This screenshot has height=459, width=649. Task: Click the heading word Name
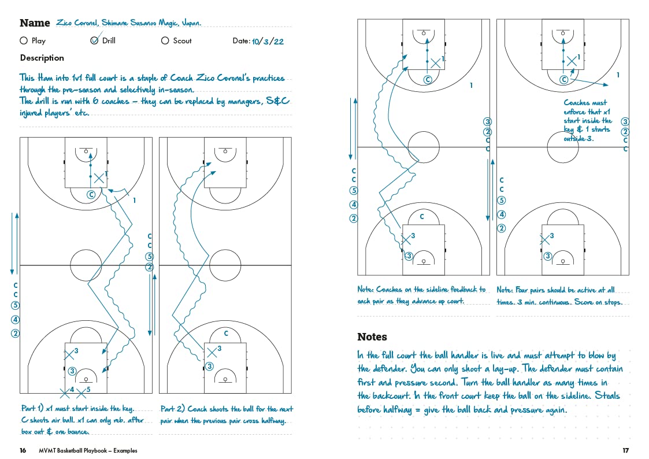pyautogui.click(x=35, y=23)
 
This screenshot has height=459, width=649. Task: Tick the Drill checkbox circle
pyautogui.click(x=95, y=40)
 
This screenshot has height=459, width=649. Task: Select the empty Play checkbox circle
pyautogui.click(x=24, y=40)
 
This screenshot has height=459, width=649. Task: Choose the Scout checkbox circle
pyautogui.click(x=165, y=40)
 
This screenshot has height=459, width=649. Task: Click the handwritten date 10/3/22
pyautogui.click(x=267, y=41)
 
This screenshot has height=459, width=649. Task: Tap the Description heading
pyautogui.click(x=42, y=58)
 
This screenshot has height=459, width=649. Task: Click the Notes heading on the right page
pyautogui.click(x=372, y=336)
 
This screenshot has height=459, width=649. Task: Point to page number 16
pyautogui.click(x=23, y=450)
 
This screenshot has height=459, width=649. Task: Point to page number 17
pyautogui.click(x=625, y=450)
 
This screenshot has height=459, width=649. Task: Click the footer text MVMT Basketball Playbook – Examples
pyautogui.click(x=88, y=450)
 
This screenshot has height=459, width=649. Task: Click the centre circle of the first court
pyautogui.click(x=86, y=265)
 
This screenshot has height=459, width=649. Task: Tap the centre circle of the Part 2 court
pyautogui.click(x=225, y=265)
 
